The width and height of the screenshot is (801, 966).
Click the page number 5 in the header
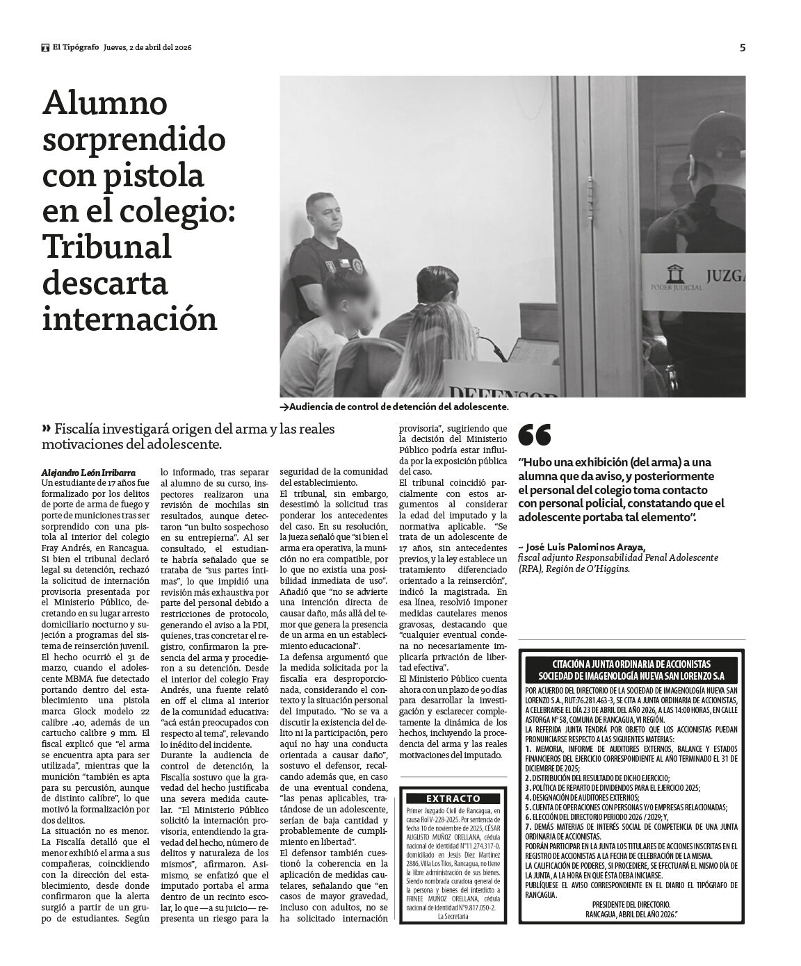(x=743, y=48)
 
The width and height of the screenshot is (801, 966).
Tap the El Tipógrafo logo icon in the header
(x=45, y=48)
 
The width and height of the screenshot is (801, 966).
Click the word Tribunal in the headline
(x=107, y=247)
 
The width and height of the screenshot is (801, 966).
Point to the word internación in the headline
(x=130, y=320)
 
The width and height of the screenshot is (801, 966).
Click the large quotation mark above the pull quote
(x=535, y=435)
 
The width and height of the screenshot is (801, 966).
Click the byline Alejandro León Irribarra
(x=88, y=473)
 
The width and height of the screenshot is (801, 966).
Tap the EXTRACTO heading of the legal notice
(x=453, y=799)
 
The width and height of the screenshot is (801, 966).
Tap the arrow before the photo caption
(x=284, y=407)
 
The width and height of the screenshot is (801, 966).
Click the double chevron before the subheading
(x=47, y=428)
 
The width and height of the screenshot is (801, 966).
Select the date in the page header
(x=147, y=48)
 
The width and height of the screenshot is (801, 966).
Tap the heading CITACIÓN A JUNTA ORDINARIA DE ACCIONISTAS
(x=632, y=664)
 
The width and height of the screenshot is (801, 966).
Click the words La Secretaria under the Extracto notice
(x=453, y=916)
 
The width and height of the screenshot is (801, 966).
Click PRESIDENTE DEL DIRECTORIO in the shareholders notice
(x=631, y=903)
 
